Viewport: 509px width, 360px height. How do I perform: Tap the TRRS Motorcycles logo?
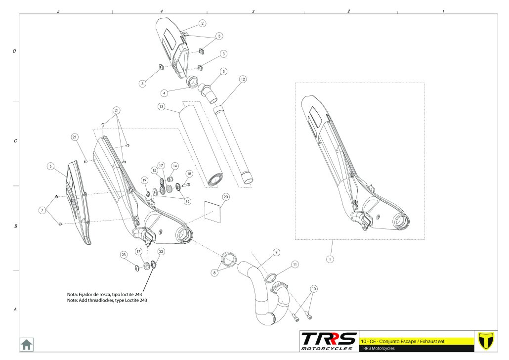(x=329, y=341)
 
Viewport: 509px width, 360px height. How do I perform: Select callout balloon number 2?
(x=203, y=23)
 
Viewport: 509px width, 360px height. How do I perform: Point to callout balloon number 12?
(x=243, y=79)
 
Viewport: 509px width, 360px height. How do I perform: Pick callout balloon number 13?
(x=161, y=106)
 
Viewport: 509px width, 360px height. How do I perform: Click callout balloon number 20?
(x=225, y=196)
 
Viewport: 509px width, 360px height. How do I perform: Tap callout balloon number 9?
(x=276, y=252)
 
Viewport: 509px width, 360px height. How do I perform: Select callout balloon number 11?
(x=295, y=265)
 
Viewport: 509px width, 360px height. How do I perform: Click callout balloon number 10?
(x=313, y=288)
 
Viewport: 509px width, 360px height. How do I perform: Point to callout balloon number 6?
(x=50, y=167)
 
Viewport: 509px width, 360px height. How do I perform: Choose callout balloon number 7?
(x=42, y=210)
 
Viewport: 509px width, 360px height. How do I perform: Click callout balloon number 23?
(x=124, y=255)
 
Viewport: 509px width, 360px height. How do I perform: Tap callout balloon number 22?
(x=161, y=251)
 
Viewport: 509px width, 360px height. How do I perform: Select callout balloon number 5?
(x=224, y=71)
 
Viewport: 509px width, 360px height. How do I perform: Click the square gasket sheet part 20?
(x=212, y=210)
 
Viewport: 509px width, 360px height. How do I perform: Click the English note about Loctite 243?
(x=107, y=300)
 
